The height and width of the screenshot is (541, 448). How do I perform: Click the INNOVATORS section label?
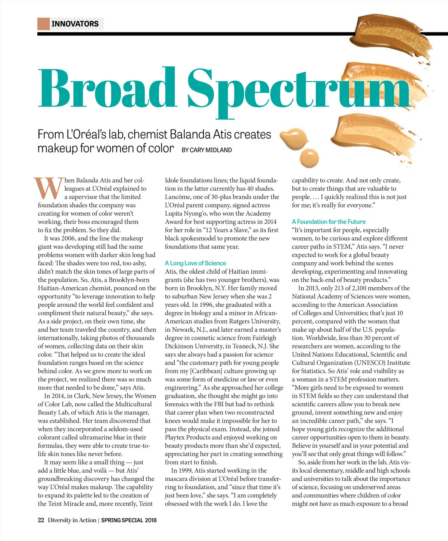tap(75, 24)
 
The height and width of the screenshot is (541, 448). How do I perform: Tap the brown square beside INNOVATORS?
tap(43, 24)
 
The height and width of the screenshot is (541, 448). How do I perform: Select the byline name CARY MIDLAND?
tap(211, 150)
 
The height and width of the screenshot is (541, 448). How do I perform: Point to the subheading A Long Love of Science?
tap(195, 263)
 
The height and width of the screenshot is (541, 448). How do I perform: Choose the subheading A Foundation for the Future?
tap(329, 222)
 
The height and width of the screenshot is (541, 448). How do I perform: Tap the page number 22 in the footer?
tap(41, 520)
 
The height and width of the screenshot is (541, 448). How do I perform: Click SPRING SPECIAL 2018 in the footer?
tap(129, 520)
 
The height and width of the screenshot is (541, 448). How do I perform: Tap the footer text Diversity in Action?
tap(72, 520)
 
